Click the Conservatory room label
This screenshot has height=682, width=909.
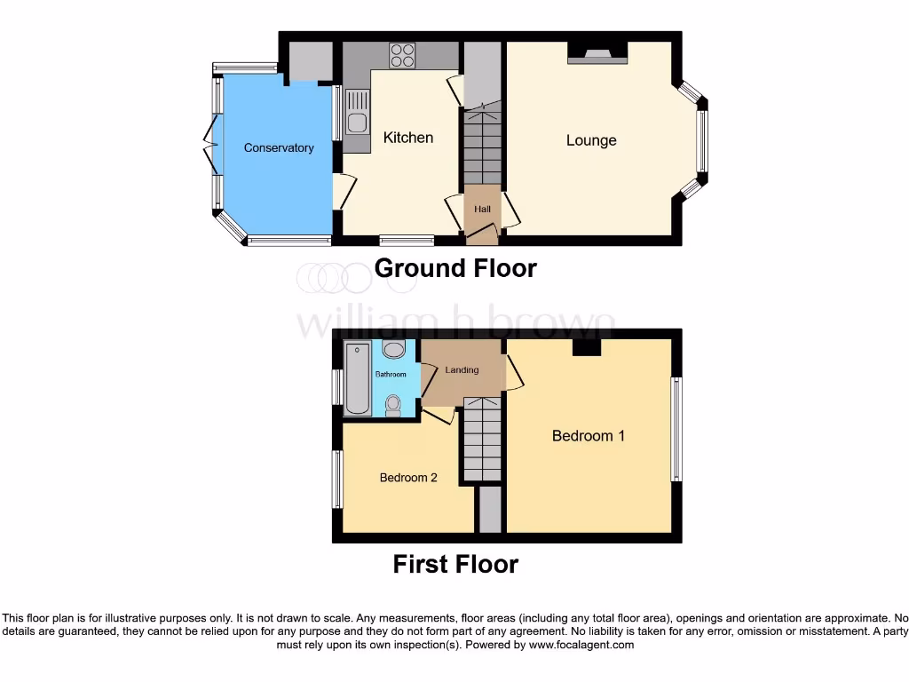click(279, 148)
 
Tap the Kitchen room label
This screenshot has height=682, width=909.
click(408, 138)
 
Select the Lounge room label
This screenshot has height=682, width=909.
click(591, 140)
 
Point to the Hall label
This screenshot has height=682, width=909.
click(482, 209)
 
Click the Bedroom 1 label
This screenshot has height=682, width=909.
click(588, 436)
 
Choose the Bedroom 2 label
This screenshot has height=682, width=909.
click(408, 478)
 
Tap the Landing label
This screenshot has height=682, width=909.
click(462, 369)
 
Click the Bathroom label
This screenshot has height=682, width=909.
click(391, 375)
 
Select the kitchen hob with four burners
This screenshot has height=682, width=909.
click(403, 55)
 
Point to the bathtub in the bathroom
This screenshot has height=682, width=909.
click(358, 378)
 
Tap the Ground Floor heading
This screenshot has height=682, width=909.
click(455, 268)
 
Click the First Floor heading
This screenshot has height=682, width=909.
click(455, 564)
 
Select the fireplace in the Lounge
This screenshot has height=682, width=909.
click(597, 54)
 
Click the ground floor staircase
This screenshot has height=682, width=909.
click(482, 147)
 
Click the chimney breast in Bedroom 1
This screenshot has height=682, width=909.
click(586, 348)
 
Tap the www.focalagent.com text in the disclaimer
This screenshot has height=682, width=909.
click(581, 646)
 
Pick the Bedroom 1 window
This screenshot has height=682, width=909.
click(676, 430)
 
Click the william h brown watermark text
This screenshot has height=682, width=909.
click(454, 323)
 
